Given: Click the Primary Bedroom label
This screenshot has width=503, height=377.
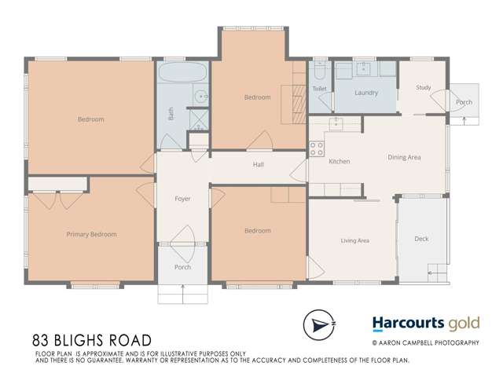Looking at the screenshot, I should [x=91, y=234].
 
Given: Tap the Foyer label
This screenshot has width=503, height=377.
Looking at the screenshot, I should [x=182, y=199].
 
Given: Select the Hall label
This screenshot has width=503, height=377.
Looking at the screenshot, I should [x=258, y=164].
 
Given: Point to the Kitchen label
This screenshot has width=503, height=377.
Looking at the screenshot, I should [x=339, y=162].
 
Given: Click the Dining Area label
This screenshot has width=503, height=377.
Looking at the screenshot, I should [x=404, y=157].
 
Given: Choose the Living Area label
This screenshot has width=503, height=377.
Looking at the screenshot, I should [x=354, y=240].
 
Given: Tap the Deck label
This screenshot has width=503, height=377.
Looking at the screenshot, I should [x=421, y=239].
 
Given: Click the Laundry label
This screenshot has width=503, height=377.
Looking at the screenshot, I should [x=366, y=93].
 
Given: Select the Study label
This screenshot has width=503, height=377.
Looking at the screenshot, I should [x=424, y=88].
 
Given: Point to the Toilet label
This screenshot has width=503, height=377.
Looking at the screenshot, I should [x=319, y=89].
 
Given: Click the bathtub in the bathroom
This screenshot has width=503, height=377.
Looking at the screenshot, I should [x=182, y=75].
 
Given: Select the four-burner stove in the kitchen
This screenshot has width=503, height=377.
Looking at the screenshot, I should [x=316, y=148].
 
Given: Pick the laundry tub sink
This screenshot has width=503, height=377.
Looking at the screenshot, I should [x=364, y=69].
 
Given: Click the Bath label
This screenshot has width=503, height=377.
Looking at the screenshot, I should [x=171, y=114].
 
